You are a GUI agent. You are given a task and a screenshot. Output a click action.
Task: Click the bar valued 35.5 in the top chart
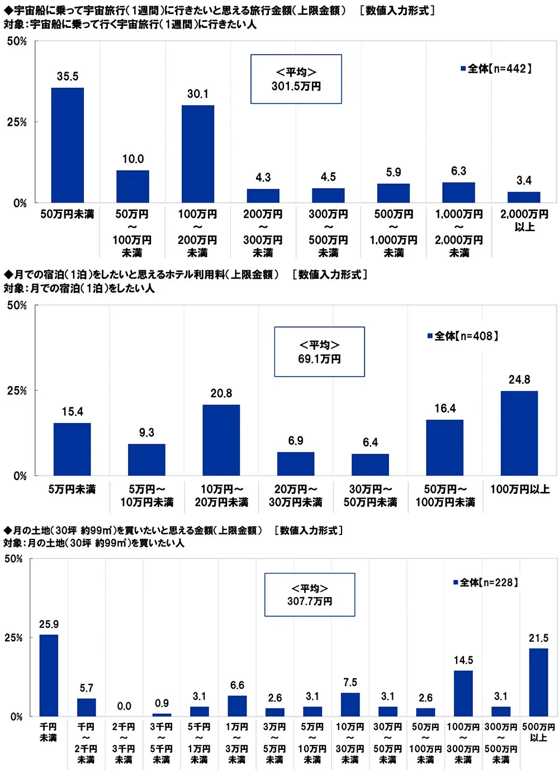coord(68,145)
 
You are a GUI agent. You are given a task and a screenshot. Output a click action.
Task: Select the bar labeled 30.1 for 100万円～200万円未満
coord(198,154)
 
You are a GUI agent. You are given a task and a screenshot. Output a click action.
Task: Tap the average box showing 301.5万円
coord(296,79)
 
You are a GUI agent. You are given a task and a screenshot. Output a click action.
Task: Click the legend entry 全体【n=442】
coord(496,69)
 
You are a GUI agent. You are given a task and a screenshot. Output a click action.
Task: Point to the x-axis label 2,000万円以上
coord(524,220)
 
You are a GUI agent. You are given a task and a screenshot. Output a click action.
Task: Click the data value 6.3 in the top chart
coord(458,171)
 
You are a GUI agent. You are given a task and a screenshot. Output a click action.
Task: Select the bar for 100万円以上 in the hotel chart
coord(519,433)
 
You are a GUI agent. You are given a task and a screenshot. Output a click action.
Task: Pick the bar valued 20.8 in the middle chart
coord(221,440)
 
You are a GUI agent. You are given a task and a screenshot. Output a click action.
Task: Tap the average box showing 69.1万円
coord(319,352)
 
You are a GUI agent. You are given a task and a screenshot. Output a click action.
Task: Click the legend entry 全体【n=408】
coord(463,336)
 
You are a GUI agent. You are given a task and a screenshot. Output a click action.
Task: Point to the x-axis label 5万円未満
coord(72,490)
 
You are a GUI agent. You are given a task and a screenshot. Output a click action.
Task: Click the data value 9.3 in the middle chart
coord(146,433)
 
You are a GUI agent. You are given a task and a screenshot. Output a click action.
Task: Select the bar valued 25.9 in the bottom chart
coord(49,675)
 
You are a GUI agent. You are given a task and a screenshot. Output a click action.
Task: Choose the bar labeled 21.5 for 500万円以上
coord(538,682)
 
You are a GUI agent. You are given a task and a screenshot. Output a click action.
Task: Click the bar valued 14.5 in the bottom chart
coord(463,693)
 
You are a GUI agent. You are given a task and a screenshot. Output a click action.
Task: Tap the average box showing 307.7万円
coord(310,595)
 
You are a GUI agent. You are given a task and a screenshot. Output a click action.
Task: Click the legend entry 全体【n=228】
coord(486,583)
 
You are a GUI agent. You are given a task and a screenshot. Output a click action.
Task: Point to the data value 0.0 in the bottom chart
coord(124,706)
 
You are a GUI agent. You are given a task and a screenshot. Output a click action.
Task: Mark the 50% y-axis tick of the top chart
coord(17,41)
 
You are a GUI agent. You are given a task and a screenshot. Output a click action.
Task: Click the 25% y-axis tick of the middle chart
coord(17,391)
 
